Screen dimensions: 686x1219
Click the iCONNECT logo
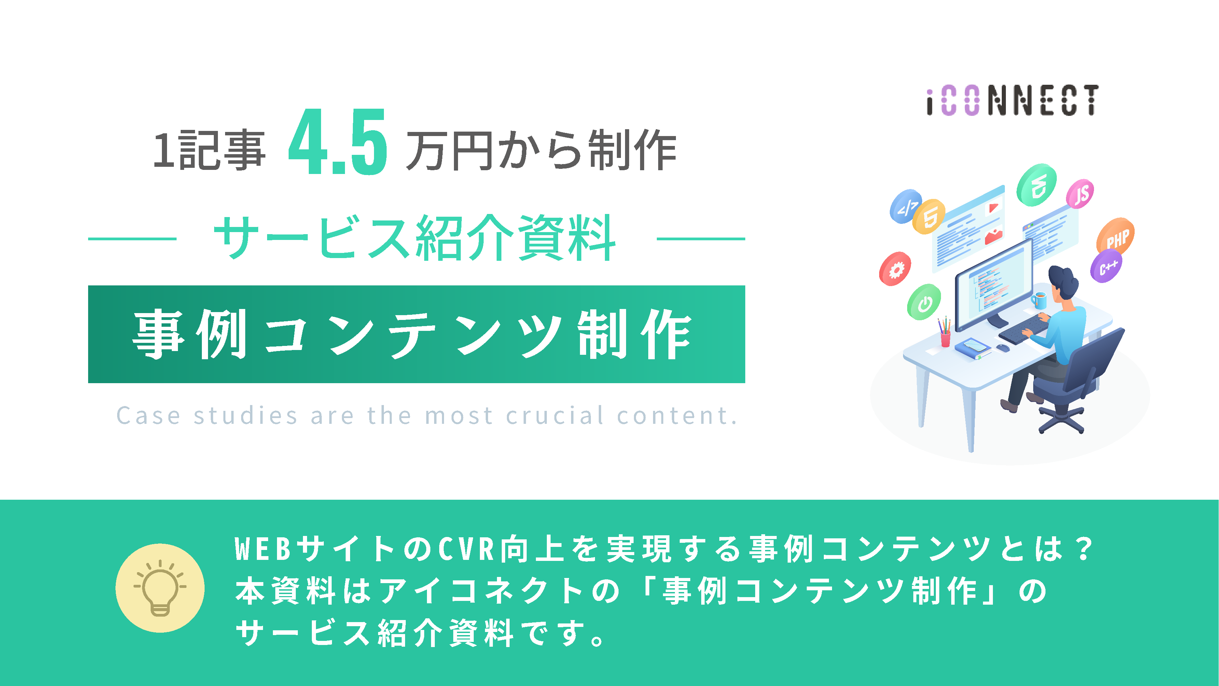point(1012,100)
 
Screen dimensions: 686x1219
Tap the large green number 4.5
point(338,142)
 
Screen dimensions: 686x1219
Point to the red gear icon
point(895,269)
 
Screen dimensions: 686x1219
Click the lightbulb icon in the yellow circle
point(160,588)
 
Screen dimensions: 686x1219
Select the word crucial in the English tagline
point(555,416)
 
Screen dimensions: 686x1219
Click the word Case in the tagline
point(148,416)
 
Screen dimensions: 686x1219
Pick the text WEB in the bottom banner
point(263,549)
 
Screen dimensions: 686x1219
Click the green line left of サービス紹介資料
point(132,239)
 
